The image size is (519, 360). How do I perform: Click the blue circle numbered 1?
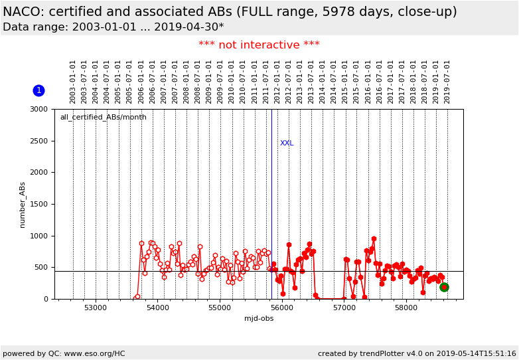[38, 90]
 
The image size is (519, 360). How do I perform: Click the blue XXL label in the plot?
[287, 143]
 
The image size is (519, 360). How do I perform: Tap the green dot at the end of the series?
[444, 287]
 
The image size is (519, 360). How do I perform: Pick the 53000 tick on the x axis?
[96, 308]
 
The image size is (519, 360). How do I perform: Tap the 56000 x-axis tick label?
[282, 308]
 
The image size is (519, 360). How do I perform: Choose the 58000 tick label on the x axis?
[406, 308]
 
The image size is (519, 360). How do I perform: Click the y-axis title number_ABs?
[22, 205]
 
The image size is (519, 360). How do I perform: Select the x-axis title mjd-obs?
[259, 319]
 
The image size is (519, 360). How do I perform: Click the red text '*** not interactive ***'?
[259, 45]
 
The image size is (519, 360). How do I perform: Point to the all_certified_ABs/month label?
[103, 118]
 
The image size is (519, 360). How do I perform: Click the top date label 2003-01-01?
[73, 82]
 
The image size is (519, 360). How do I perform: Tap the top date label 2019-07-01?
[447, 82]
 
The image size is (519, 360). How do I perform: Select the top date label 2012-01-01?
[277, 82]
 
